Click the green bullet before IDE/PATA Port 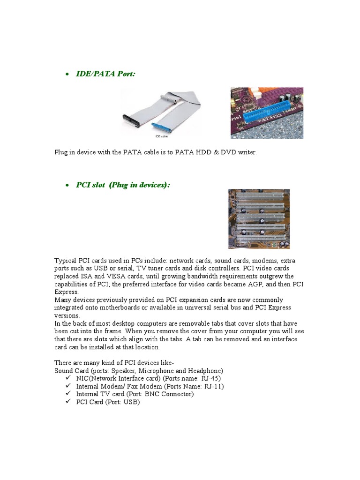click(68, 74)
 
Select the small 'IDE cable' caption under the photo click(162, 136)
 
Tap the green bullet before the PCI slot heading click(68, 186)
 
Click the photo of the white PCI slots click(259, 219)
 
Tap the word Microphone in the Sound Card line click(158, 370)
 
